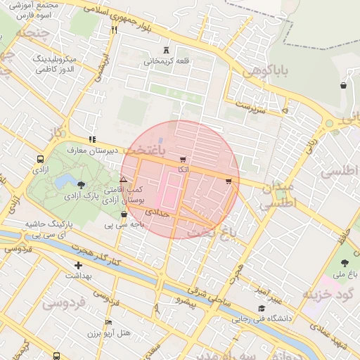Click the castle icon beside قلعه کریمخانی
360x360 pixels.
pos(167,49)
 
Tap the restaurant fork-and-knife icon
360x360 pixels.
pos(114,30)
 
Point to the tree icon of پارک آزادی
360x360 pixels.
pos(82,185)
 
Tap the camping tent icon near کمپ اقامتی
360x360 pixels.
pos(123,181)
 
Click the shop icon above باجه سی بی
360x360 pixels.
pos(124,214)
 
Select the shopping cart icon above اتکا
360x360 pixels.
pos(184,160)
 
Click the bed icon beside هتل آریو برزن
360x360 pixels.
pos(108,322)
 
